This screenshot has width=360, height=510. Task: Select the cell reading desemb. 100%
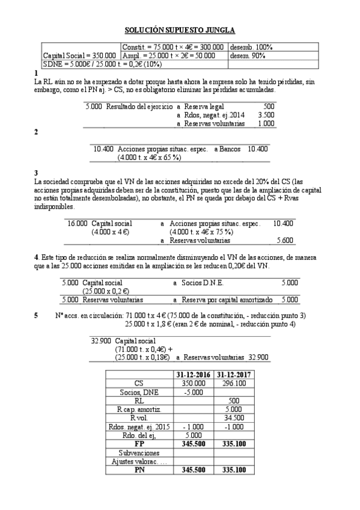[252, 46]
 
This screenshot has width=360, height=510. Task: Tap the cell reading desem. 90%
[251, 55]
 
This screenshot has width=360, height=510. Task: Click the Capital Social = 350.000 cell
[80, 55]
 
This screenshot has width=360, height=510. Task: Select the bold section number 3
[37, 173]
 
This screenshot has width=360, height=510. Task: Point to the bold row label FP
[139, 443]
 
